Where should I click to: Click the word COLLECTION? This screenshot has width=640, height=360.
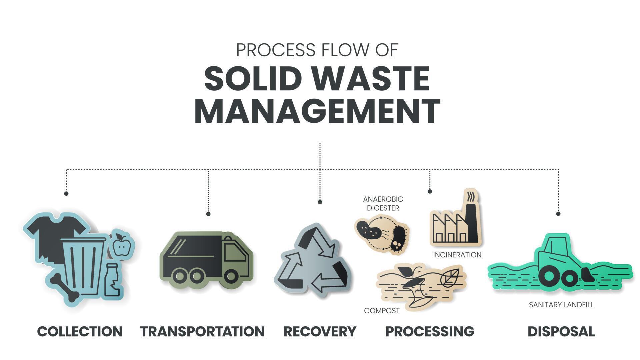pyautogui.click(x=80, y=332)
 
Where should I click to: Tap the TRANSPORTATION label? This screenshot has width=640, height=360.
pyautogui.click(x=202, y=332)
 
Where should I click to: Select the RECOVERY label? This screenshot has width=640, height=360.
pyautogui.click(x=320, y=332)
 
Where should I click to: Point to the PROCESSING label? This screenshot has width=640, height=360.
pyautogui.click(x=430, y=332)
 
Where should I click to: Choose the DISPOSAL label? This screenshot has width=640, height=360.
pyautogui.click(x=561, y=332)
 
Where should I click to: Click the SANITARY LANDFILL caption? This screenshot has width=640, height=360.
pyautogui.click(x=561, y=305)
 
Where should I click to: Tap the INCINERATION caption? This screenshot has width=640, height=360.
pyautogui.click(x=457, y=255)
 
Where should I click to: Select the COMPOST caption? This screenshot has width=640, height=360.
pyautogui.click(x=382, y=311)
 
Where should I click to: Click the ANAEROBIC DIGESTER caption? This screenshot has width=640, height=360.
pyautogui.click(x=383, y=203)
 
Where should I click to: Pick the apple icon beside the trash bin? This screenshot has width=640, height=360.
pyautogui.click(x=121, y=245)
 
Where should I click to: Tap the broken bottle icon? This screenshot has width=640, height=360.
pyautogui.click(x=112, y=280)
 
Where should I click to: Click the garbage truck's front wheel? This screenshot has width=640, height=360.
pyautogui.click(x=231, y=276)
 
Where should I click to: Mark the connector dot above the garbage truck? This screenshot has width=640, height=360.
pyautogui.click(x=208, y=214)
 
